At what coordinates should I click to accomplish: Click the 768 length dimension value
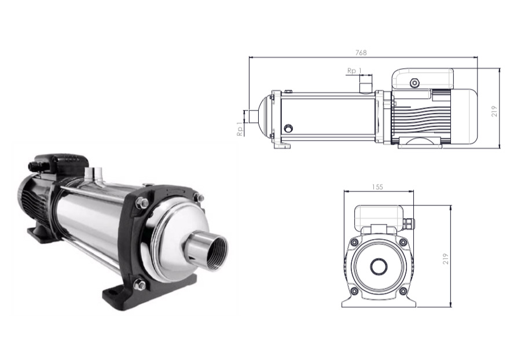pyautogui.click(x=361, y=53)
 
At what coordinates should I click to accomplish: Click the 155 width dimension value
pyautogui.click(x=377, y=187)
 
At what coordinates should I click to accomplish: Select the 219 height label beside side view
pyautogui.click(x=494, y=111)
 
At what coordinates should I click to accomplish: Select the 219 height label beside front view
pyautogui.click(x=446, y=259)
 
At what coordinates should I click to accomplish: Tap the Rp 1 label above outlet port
pyautogui.click(x=354, y=71)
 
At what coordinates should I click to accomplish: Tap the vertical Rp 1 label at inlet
pyautogui.click(x=240, y=129)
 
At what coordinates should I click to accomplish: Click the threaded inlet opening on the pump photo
pyautogui.click(x=216, y=254)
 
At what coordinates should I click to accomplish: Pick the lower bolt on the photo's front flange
pyautogui.click(x=140, y=285)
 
